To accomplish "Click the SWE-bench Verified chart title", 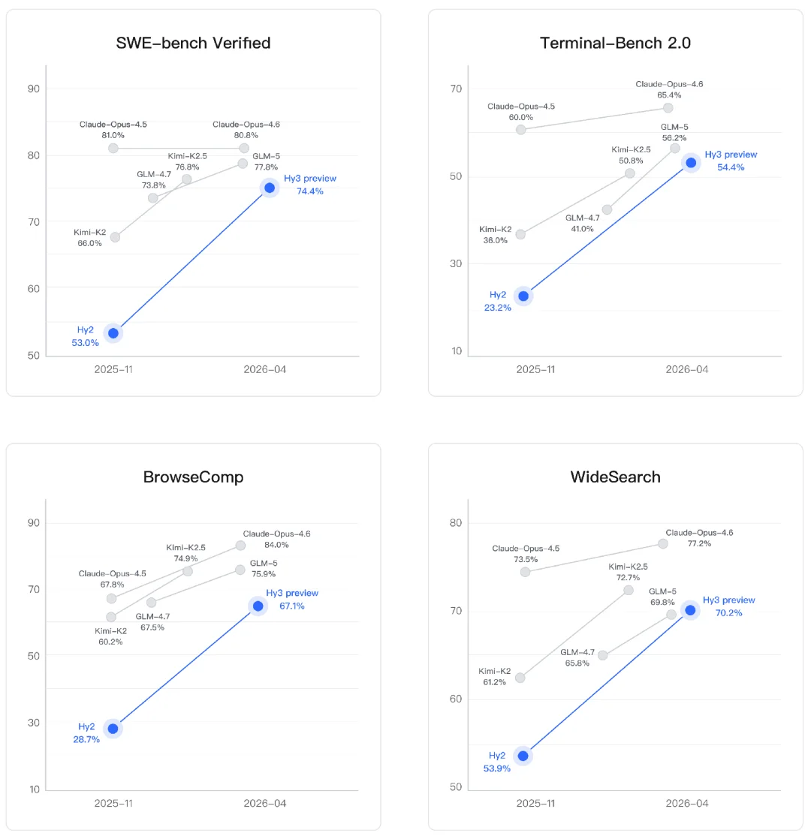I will click(x=193, y=43).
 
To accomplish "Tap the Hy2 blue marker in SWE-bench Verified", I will click(x=113, y=333).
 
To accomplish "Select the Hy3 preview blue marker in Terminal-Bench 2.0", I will click(x=690, y=162).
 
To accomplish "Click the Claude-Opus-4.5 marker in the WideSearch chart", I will click(x=526, y=572).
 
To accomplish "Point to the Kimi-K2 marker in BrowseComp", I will click(x=111, y=617).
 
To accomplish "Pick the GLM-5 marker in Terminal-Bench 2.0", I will click(x=674, y=149).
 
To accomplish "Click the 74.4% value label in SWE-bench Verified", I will click(x=309, y=191).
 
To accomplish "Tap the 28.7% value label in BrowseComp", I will click(x=86, y=739).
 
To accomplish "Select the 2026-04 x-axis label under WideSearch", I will click(x=686, y=803).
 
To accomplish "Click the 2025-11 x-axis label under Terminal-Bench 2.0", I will click(x=535, y=369).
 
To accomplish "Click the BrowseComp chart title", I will click(x=193, y=477).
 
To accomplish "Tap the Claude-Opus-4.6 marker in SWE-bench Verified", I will click(x=244, y=148).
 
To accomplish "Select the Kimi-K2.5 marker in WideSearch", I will click(x=628, y=590).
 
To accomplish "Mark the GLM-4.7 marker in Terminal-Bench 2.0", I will click(x=607, y=209).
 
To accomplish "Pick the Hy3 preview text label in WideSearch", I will click(x=728, y=600).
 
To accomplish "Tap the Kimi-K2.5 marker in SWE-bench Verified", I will click(x=186, y=179).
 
